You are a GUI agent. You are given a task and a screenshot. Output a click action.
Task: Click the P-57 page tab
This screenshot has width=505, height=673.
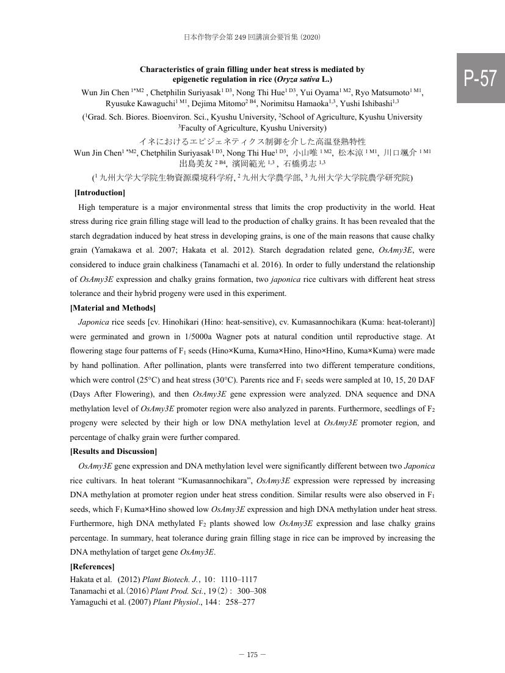[481, 78]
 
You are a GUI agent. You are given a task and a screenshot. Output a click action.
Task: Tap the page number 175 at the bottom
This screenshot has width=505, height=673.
[252, 655]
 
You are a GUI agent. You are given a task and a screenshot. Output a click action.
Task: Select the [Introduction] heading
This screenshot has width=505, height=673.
[100, 193]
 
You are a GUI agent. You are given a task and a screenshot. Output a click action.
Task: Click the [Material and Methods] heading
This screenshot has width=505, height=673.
[113, 308]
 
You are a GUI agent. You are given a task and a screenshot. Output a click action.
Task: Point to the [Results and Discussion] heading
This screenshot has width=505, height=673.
[114, 452]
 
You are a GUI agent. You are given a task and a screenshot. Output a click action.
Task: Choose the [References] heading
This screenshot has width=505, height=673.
[92, 567]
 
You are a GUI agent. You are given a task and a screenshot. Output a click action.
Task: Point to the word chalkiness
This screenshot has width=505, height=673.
[243, 265]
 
